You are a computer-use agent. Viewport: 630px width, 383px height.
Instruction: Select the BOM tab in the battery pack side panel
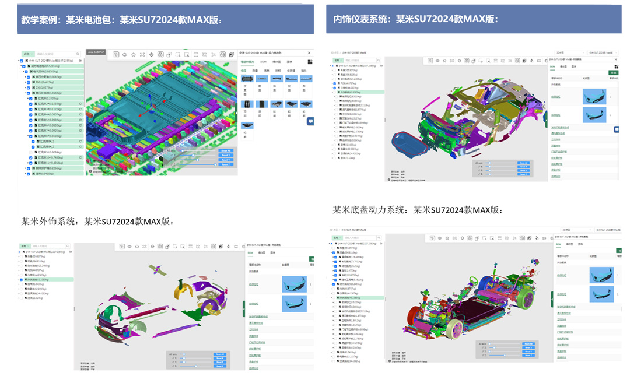263,61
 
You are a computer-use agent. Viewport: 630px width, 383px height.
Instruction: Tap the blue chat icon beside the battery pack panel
310,121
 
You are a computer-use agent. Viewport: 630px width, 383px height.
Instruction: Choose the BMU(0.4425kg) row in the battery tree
46,82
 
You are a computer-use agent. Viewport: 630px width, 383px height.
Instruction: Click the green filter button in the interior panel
614,72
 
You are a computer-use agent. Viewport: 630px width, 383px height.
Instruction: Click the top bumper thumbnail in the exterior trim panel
294,284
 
